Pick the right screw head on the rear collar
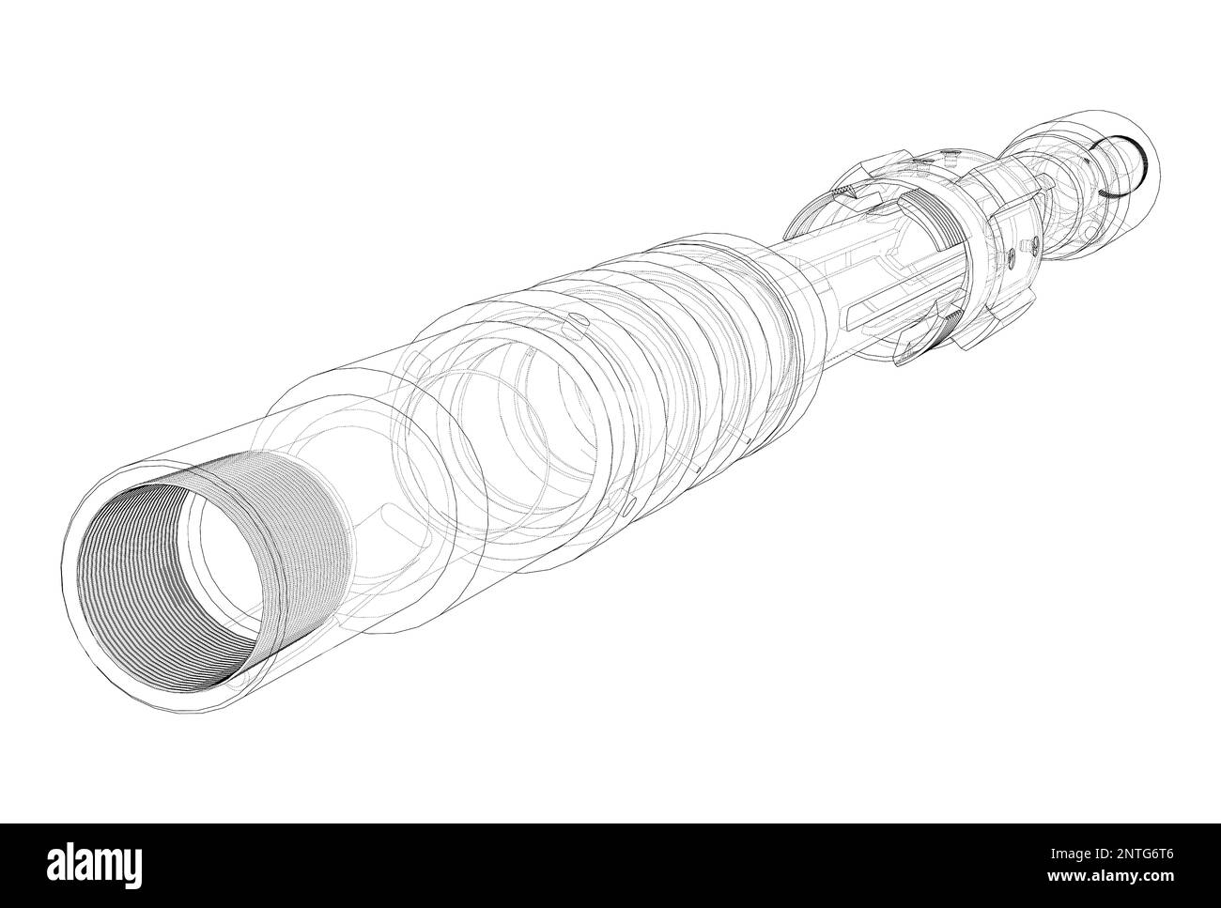[x=1032, y=243]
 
